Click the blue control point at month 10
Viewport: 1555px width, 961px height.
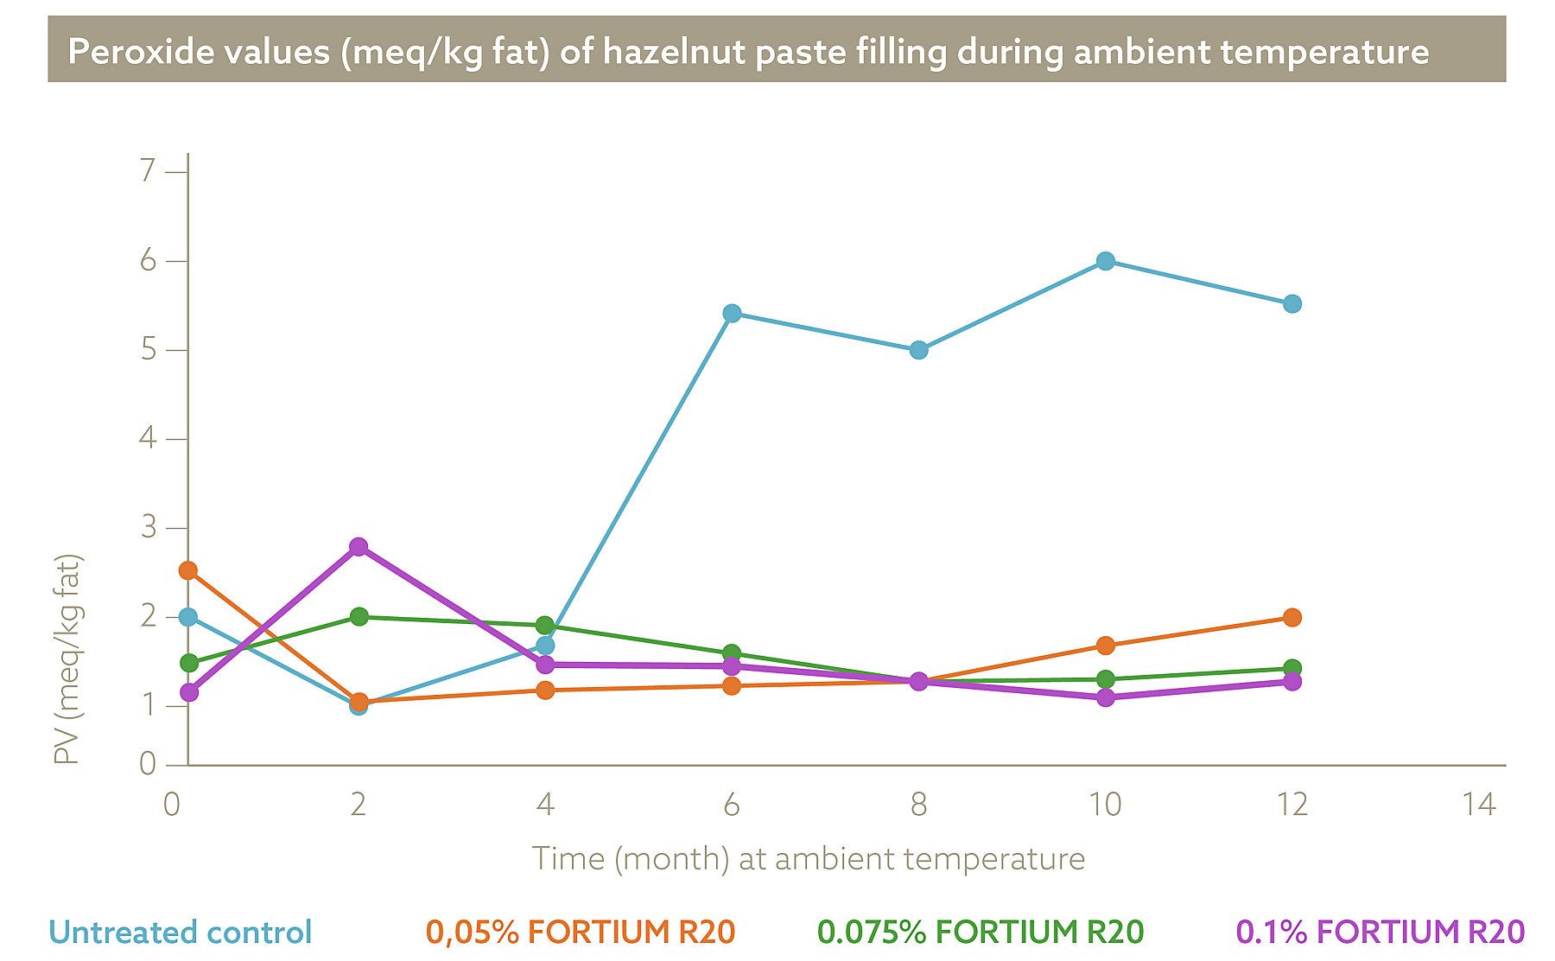pos(1105,261)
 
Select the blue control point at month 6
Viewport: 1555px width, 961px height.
pos(732,313)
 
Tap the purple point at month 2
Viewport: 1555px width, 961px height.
pos(359,546)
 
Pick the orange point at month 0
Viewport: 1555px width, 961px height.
pos(188,570)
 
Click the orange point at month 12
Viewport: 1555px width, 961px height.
pos(1292,617)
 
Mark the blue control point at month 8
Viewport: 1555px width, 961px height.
pos(918,350)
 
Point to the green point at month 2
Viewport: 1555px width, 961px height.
pos(359,616)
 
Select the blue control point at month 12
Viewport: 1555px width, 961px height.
pos(1292,303)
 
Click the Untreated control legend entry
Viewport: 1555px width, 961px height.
pos(181,932)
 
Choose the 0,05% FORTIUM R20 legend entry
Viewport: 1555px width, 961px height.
pos(580,932)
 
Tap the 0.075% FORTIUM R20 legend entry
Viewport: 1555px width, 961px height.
pos(981,932)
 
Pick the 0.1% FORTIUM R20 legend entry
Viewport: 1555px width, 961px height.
pos(1380,932)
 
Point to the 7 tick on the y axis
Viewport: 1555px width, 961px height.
pos(148,171)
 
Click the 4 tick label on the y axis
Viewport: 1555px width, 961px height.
pos(148,438)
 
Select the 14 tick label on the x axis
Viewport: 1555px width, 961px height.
pos(1478,805)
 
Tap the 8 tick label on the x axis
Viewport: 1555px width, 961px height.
pos(918,805)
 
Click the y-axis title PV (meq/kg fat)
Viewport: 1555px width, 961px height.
pos(67,659)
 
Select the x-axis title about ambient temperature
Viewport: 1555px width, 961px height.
pos(808,859)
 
